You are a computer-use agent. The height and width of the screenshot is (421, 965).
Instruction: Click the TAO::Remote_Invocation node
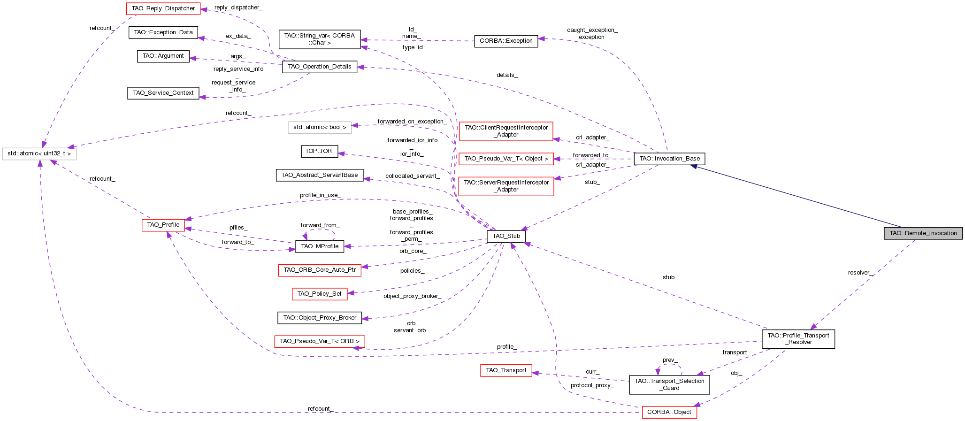923,233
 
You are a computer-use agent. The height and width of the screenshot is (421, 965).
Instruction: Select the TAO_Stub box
506,236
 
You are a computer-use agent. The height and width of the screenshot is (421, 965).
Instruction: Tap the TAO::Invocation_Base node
669,159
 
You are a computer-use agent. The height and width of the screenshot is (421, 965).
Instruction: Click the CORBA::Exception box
506,41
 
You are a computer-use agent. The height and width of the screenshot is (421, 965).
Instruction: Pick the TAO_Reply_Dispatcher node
163,8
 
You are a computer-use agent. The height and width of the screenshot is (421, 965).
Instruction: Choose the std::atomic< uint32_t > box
39,153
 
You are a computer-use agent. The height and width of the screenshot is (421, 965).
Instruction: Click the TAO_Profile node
163,225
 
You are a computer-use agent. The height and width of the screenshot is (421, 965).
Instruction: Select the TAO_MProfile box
320,246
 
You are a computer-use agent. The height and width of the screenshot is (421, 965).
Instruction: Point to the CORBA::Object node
669,412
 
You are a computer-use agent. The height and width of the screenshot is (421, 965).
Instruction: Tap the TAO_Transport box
506,370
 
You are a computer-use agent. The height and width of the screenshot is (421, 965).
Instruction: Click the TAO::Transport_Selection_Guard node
669,384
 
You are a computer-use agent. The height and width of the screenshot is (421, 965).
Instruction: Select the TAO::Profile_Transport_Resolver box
798,338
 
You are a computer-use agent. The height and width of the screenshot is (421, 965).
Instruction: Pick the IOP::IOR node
319,151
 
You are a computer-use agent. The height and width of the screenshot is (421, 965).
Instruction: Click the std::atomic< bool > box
320,127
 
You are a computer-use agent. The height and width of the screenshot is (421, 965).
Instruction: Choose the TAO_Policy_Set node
319,294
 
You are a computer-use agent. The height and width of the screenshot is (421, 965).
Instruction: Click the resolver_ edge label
860,273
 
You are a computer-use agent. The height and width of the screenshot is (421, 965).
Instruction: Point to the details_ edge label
507,75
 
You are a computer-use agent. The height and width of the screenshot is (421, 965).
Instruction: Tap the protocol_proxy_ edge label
592,385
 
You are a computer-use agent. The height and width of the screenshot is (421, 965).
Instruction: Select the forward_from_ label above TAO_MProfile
320,225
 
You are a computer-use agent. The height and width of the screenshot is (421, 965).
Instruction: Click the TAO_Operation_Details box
320,67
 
